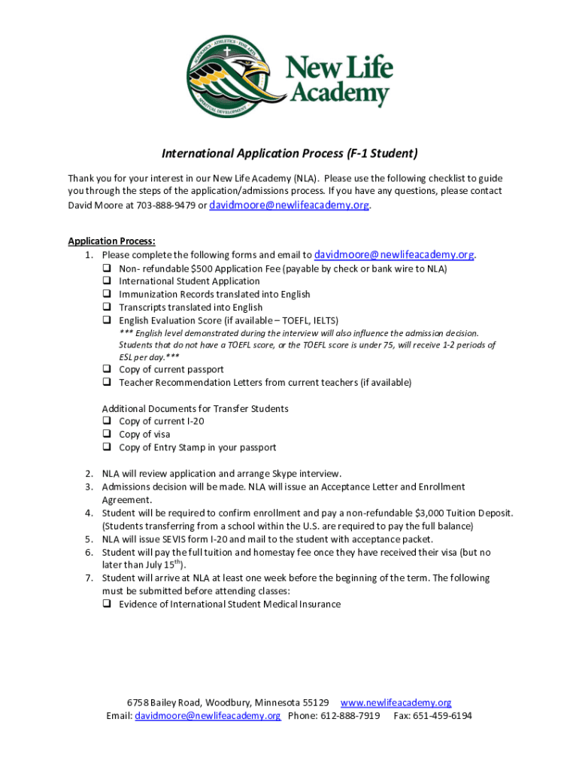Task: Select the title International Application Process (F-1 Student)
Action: pos(289,154)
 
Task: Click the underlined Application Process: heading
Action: pos(112,241)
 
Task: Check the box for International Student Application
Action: pos(107,281)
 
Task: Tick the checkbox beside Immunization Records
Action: pos(107,294)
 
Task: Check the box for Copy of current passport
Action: pos(107,369)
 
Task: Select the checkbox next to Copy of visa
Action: pos(107,434)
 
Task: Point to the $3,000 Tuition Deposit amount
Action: pos(456,513)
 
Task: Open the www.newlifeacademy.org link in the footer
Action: pos(396,703)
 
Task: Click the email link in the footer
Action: pos(208,716)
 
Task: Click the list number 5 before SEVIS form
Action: pos(88,539)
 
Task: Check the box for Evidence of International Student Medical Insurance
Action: pos(107,604)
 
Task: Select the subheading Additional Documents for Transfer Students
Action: pos(195,408)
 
